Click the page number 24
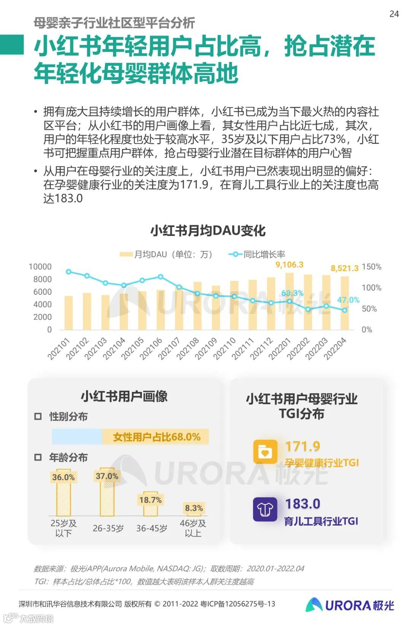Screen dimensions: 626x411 (394, 14)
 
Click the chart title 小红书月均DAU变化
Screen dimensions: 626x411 (208, 231)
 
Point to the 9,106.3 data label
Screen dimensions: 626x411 (289, 264)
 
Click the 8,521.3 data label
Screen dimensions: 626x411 (344, 268)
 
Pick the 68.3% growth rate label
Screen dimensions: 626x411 (292, 293)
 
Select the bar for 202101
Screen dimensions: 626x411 (68, 313)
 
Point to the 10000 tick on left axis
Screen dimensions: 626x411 (40, 267)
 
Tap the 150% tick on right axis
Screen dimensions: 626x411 (371, 267)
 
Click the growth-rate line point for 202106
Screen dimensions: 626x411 (161, 277)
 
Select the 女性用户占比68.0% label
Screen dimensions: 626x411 (156, 437)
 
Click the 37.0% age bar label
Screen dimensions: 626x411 (107, 476)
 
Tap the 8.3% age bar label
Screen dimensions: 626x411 (194, 508)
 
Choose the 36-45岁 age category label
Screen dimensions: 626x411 (151, 528)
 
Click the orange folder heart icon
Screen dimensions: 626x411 (265, 452)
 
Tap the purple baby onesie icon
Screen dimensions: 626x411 (265, 509)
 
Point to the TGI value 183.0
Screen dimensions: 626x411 (303, 504)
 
